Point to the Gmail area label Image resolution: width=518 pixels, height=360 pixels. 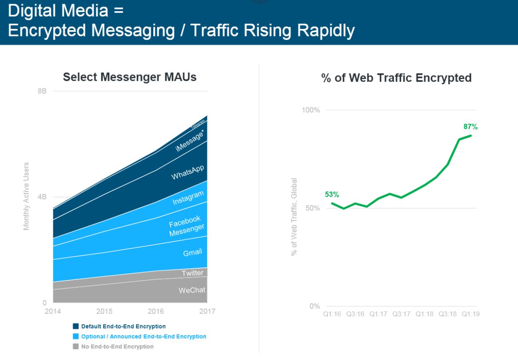point(192,252)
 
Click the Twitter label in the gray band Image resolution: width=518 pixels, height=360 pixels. point(192,273)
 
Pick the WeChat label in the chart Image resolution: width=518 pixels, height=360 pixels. point(192,290)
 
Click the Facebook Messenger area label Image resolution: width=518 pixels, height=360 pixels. point(186,226)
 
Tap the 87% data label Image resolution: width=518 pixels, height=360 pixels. point(470,127)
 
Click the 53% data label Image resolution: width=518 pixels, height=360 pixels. point(332,194)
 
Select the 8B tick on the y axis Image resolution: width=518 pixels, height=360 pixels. point(42,91)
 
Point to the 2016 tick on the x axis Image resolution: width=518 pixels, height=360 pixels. point(156,311)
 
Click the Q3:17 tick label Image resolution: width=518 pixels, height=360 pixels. point(401,314)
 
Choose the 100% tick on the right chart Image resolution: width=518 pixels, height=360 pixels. point(311,110)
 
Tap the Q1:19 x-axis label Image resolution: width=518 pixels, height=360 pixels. point(470,314)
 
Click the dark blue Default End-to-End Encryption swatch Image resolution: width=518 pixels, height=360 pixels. point(76,326)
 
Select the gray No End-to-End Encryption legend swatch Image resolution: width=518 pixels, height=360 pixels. point(76,346)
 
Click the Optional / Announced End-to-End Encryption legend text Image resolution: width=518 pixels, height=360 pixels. point(144,336)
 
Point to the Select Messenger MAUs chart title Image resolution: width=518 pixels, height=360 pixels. point(130,77)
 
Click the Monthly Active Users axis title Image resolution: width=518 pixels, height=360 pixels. point(26,197)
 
